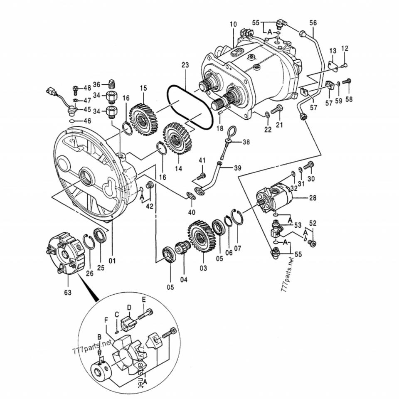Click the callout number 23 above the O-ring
click(185, 65)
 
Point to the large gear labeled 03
click(202, 236)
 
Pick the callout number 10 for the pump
click(233, 25)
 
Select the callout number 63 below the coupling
click(68, 293)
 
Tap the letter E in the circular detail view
click(144, 300)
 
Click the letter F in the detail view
click(106, 320)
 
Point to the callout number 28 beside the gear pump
click(313, 198)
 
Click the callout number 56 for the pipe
click(313, 23)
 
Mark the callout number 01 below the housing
click(112, 261)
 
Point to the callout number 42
click(150, 206)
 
